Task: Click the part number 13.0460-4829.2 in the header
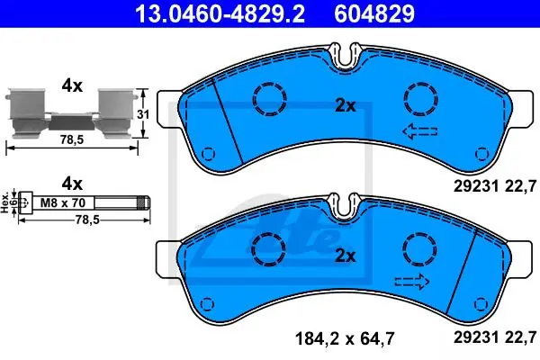(220, 13)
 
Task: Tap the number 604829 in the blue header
(374, 13)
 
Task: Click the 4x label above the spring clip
(72, 86)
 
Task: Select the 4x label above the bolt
(72, 184)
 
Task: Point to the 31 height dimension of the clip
(143, 114)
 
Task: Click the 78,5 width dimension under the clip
(72, 139)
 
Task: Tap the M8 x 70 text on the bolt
(63, 202)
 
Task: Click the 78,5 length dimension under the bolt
(87, 220)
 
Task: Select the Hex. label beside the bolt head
(4, 202)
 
